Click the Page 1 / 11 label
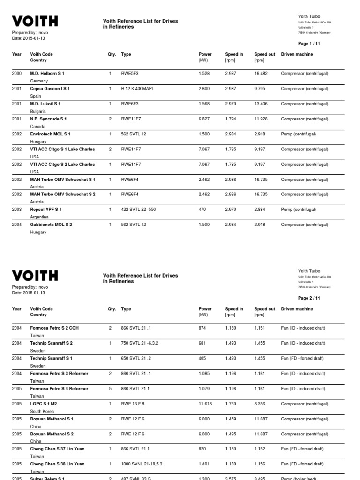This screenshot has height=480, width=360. coord(309,44)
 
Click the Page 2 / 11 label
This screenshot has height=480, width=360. coord(309,298)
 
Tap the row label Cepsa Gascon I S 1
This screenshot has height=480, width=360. coord(50,89)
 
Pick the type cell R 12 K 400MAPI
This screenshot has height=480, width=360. coord(138,89)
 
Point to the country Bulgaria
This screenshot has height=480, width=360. coord(38,111)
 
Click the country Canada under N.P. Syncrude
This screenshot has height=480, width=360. coord(37,127)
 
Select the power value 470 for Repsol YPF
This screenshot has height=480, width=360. coord(202,210)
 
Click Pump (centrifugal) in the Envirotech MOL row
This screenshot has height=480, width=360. coord(298,134)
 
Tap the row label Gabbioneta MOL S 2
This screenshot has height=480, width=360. coord(51,225)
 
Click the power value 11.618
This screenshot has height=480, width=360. coord(206,404)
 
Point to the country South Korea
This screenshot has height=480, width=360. coord(42,411)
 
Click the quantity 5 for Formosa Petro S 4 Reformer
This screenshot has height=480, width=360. coord(110,389)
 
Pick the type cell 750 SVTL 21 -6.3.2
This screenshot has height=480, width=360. coord(140,343)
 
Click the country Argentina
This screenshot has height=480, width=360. coord(39,217)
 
